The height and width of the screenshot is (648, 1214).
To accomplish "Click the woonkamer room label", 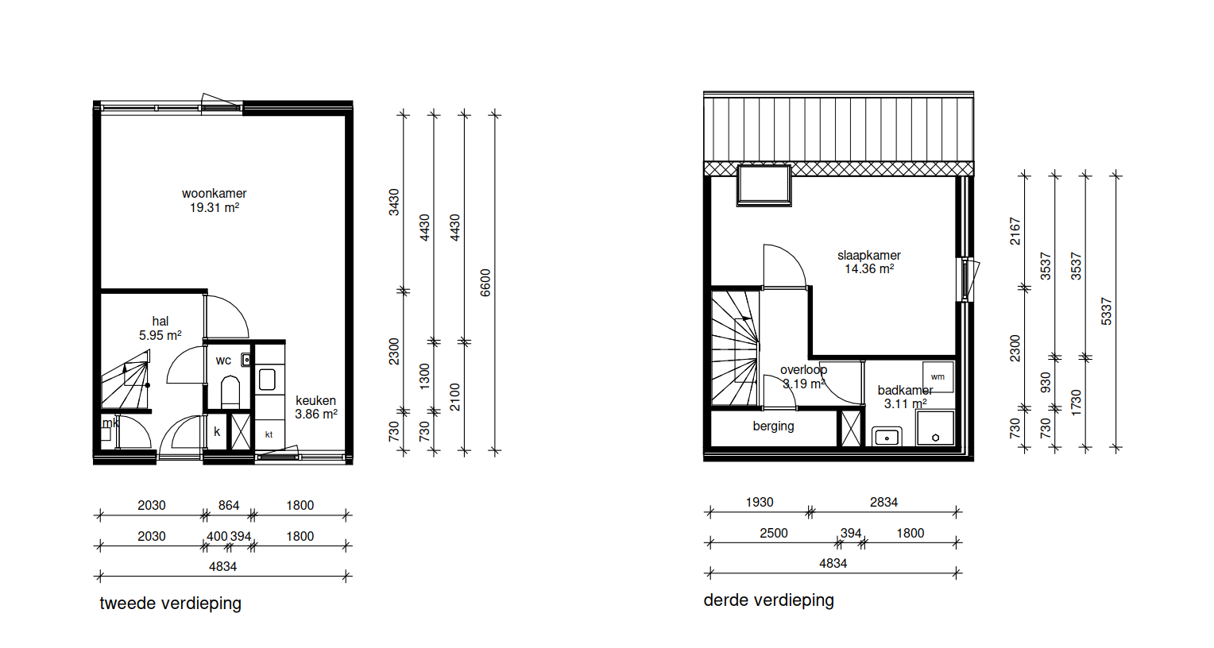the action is (x=214, y=194).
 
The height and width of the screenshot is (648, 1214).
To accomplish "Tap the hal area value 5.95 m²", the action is (x=160, y=335).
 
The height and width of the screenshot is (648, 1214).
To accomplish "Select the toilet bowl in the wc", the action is (x=230, y=391).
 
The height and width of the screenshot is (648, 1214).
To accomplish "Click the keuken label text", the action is (x=315, y=400).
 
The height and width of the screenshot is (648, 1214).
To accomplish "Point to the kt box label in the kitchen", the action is (x=269, y=434).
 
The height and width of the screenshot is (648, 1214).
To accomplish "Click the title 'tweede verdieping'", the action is (x=170, y=604).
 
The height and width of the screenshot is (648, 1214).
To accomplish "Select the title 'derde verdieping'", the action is (x=768, y=600).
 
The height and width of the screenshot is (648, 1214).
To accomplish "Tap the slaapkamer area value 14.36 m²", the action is (x=868, y=268).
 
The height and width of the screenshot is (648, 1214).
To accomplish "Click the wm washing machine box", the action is (x=938, y=376).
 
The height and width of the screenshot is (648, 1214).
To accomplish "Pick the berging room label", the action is (x=773, y=426).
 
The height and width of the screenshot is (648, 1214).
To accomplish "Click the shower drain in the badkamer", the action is (x=935, y=438).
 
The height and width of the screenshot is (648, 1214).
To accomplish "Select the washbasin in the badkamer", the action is (x=887, y=437).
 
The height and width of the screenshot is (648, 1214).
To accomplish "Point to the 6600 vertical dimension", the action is (x=485, y=282).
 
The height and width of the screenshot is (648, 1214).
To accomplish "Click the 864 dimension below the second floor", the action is (x=229, y=506).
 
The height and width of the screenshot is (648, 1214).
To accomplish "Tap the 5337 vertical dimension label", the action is (x=1107, y=311).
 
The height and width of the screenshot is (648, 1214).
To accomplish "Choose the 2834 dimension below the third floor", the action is (x=884, y=502).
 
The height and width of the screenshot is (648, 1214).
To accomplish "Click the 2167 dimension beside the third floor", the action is (x=1015, y=231).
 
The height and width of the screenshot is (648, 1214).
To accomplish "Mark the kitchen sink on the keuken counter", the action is (x=267, y=380).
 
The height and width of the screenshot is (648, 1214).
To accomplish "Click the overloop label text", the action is (x=804, y=370).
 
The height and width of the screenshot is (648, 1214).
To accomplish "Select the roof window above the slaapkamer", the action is (x=764, y=186).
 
